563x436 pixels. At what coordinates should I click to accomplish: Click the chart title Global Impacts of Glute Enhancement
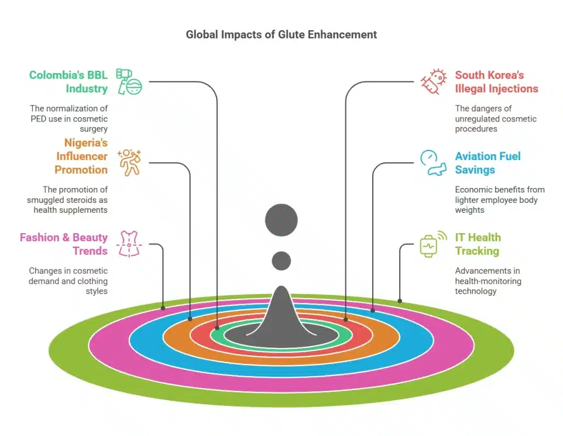point(281,35)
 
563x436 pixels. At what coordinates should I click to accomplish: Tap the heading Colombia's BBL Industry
point(68,82)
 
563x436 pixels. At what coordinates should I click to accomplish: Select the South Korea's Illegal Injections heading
point(496,82)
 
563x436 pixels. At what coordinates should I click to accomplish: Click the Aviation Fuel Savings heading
point(488,163)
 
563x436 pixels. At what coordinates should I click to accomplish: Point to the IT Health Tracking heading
point(478,244)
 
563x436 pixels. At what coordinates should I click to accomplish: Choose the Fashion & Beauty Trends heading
point(64,244)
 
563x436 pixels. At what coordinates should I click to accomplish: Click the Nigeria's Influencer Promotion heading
point(81,156)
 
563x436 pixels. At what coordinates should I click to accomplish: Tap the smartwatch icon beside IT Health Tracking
point(433,244)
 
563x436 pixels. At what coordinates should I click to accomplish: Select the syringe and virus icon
point(433,82)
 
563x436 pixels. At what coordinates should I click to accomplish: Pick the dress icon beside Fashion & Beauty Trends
point(129,244)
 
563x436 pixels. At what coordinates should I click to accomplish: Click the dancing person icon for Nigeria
point(129,163)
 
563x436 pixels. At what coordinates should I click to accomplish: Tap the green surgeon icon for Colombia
point(129,82)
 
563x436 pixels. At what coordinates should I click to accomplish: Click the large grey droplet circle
point(281,220)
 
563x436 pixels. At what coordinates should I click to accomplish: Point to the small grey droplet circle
point(281,261)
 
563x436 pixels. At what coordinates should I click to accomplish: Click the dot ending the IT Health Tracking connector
point(400,301)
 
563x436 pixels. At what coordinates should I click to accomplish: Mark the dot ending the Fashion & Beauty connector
point(163,308)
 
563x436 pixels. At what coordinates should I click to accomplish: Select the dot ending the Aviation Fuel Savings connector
point(373,310)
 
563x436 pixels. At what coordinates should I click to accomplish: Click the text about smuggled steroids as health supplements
point(67,200)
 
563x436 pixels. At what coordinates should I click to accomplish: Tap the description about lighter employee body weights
point(500,200)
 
